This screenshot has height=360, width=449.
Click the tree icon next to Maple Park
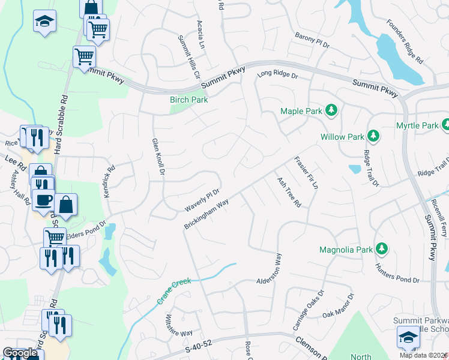tap(330, 110)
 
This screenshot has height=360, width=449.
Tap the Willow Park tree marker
tap(373, 136)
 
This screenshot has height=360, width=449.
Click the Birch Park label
tap(189, 100)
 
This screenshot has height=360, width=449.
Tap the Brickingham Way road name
tap(207, 214)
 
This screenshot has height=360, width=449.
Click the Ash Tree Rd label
tap(288, 192)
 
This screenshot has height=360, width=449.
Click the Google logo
tap(20, 353)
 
